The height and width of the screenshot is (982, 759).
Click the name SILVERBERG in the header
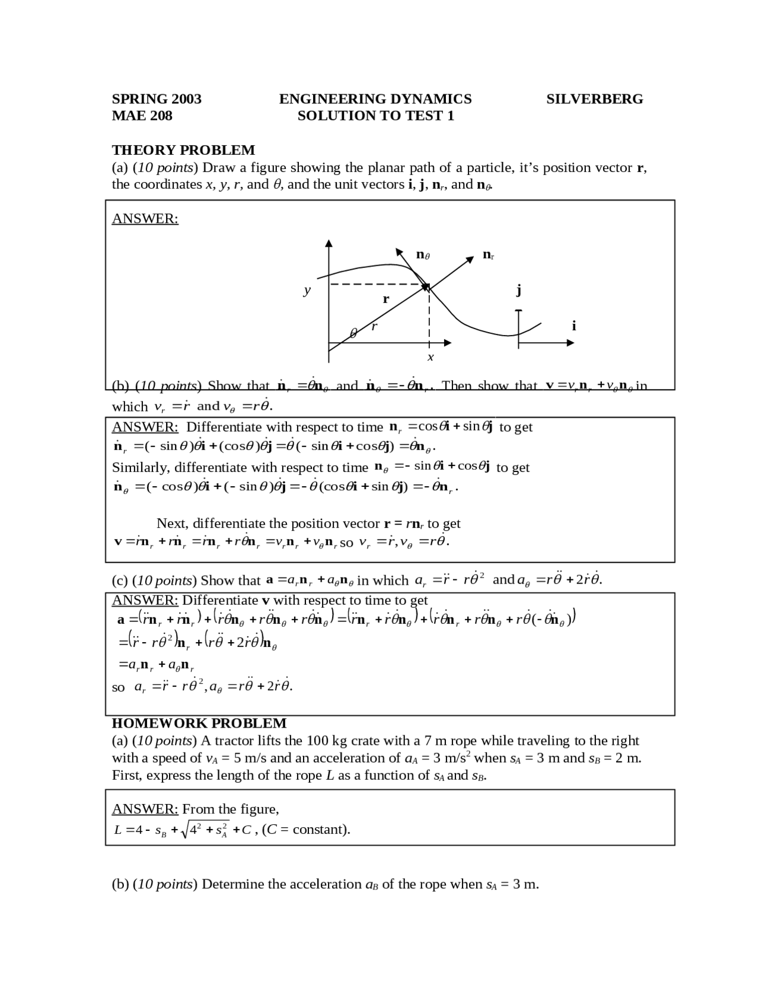point(594,99)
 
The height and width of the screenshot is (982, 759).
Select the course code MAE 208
point(142,116)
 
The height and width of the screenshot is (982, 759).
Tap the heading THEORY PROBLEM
point(183,150)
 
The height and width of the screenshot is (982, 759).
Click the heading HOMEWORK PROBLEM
point(199,723)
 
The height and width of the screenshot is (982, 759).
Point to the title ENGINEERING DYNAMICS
point(375,99)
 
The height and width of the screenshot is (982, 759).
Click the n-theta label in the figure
point(422,255)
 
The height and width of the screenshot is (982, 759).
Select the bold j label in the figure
point(519,290)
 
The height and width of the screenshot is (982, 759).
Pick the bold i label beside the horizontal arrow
point(573,326)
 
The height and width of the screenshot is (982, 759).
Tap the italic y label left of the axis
point(307,291)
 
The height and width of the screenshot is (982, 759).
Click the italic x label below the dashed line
point(430,357)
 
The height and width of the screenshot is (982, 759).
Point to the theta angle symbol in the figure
point(353,334)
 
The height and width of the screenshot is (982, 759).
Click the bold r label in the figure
point(386,299)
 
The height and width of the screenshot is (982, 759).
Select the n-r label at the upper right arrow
point(488,255)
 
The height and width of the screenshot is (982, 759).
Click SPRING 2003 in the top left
point(157,99)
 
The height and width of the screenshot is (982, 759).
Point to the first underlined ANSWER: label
point(145,218)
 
